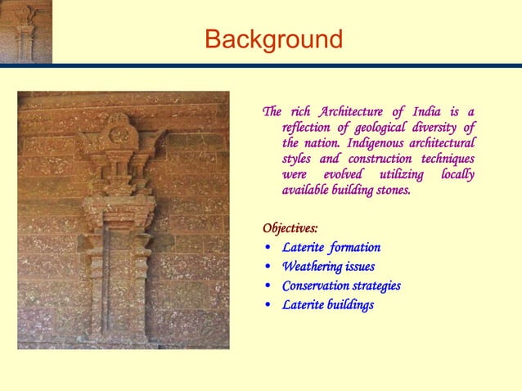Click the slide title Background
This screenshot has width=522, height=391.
coord(273,38)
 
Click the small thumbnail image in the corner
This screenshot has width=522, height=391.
coord(26,31)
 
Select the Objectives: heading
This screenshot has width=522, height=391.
coord(290,227)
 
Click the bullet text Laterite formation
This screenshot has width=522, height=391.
coord(331,247)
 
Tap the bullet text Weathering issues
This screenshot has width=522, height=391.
coord(328,267)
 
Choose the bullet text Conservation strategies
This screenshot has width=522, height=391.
coord(341,285)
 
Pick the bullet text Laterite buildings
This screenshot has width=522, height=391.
coord(327,305)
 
